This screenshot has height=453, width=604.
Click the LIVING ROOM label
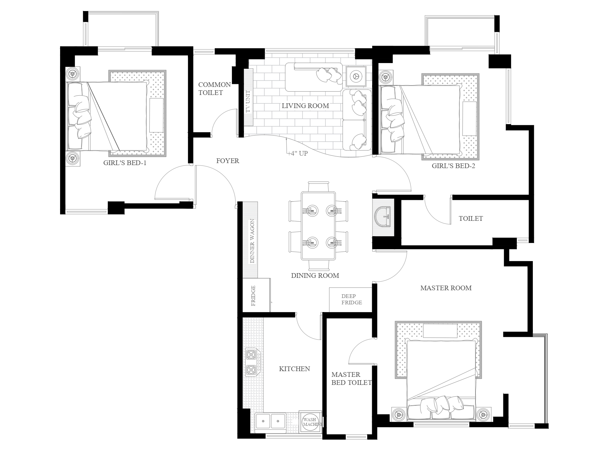click(305, 106)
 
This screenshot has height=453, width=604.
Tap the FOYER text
click(228, 161)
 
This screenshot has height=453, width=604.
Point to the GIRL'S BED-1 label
click(125, 163)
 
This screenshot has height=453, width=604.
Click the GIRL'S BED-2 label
click(453, 165)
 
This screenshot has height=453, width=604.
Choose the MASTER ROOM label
click(446, 288)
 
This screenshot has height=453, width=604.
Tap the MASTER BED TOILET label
click(351, 379)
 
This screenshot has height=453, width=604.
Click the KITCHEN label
click(294, 369)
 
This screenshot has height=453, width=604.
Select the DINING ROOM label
click(315, 275)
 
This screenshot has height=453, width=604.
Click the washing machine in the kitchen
click(310, 422)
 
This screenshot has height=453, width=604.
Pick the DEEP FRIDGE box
click(351, 299)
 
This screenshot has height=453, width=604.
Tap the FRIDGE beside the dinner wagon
click(256, 295)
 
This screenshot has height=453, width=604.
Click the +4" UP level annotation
click(297, 153)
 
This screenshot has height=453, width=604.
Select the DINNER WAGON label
click(252, 241)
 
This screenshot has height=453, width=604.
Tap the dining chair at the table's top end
click(318, 186)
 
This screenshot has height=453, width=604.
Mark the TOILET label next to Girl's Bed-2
click(471, 218)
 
